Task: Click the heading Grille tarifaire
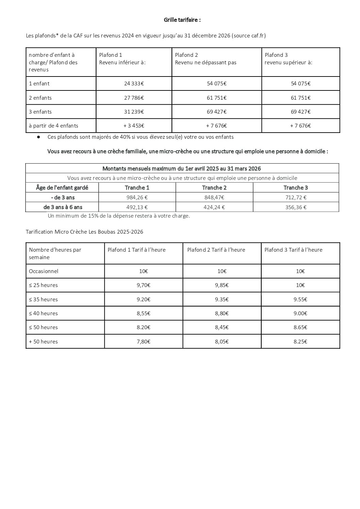182,20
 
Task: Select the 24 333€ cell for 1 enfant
134,84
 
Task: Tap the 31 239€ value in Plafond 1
134,112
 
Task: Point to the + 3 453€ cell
134,126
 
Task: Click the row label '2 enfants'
40,98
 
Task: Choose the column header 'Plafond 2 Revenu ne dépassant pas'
206,59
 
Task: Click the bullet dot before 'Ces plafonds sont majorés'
39,137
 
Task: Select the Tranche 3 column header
296,188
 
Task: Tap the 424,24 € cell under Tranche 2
214,207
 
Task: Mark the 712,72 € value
296,198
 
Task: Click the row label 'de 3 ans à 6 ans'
63,207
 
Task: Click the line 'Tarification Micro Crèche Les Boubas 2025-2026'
84,232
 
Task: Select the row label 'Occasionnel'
44,271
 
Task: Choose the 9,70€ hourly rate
143,285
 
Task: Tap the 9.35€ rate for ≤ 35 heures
222,300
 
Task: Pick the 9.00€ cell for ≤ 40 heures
300,313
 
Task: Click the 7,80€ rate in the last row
143,342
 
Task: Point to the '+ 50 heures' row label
43,342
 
